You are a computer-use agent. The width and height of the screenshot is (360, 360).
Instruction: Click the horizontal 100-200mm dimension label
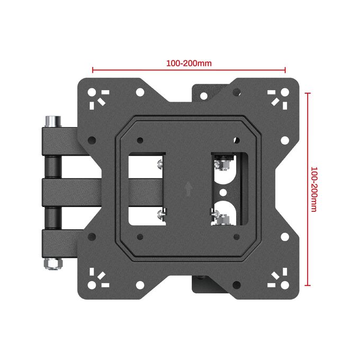tap(188, 63)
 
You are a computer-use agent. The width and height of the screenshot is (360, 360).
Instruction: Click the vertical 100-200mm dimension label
tap(313, 189)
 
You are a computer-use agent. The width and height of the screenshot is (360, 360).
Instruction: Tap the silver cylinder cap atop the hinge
tap(53, 121)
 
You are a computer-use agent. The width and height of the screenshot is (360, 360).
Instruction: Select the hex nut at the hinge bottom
tap(53, 264)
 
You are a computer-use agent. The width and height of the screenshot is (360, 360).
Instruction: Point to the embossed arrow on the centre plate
tap(188, 189)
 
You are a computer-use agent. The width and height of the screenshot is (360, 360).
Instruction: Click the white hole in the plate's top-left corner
tap(92, 92)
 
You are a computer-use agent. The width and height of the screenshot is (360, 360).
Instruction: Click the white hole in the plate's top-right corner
tap(285, 92)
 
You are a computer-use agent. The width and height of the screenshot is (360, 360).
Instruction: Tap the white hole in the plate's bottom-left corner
tap(92, 285)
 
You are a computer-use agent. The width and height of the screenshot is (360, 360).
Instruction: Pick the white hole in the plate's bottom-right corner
tap(285, 285)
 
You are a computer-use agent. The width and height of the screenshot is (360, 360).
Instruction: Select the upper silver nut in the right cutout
tap(222, 165)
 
